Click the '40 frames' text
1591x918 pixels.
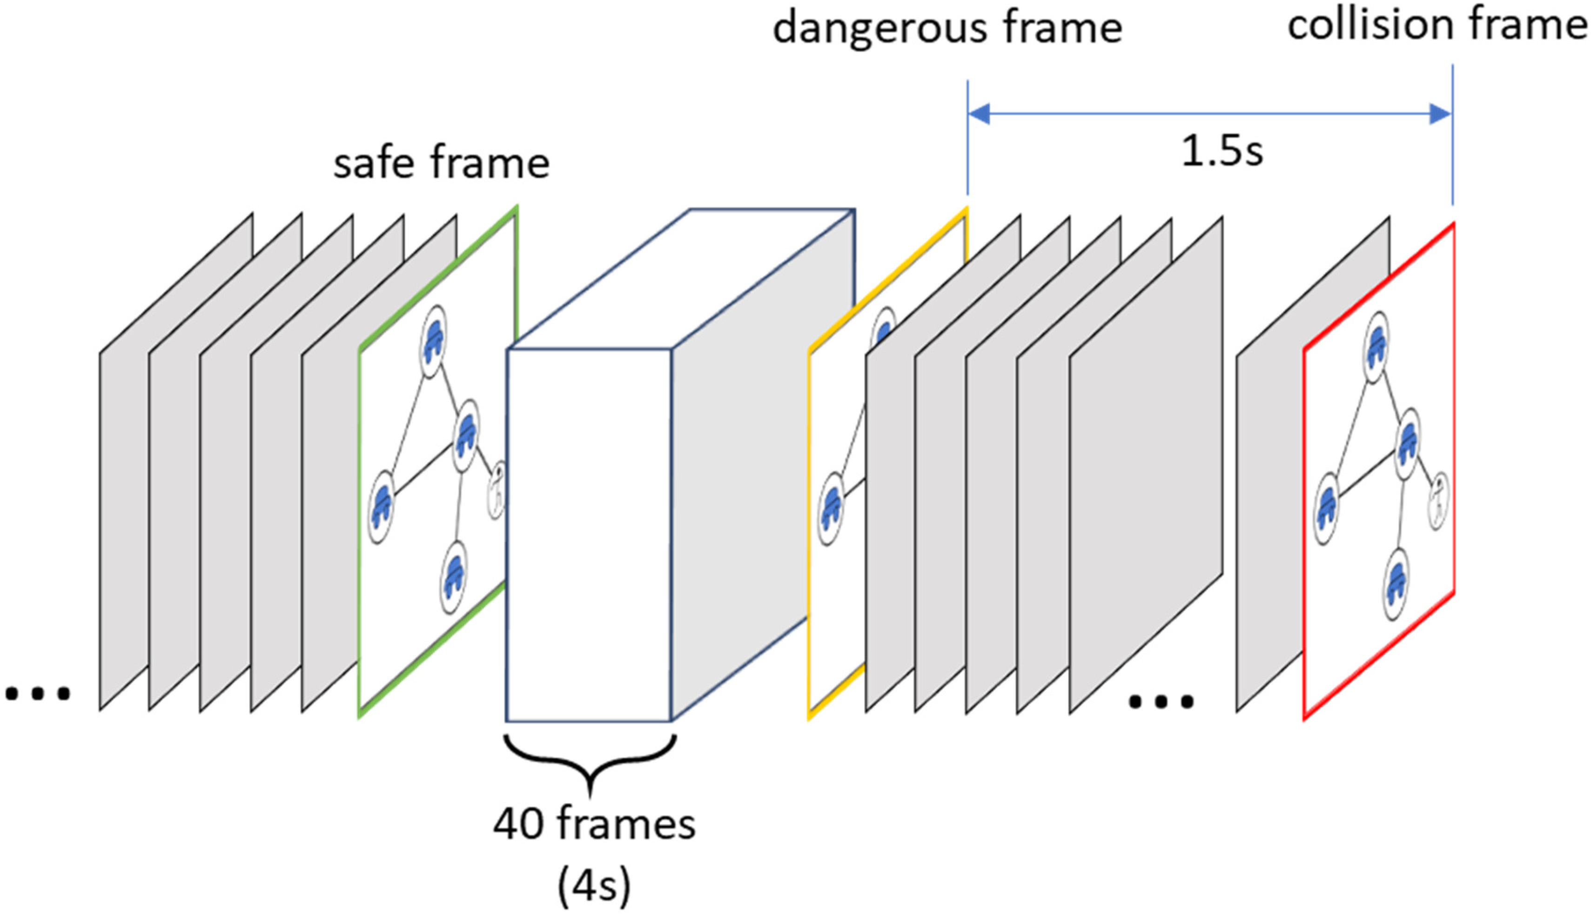pyautogui.click(x=594, y=824)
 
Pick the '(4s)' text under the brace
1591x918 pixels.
pyautogui.click(x=594, y=886)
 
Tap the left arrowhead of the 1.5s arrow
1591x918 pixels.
pyautogui.click(x=979, y=114)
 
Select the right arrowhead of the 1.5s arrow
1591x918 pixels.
pyautogui.click(x=1440, y=114)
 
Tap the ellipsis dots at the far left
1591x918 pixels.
pyautogui.click(x=38, y=694)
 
